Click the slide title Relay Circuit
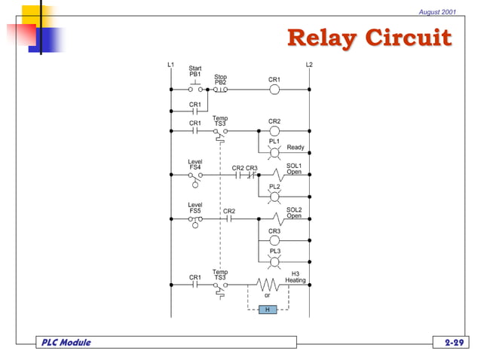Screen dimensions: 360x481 [369, 38]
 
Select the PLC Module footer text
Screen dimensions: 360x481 [66, 343]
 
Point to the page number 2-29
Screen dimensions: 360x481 [454, 343]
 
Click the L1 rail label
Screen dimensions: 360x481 [170, 65]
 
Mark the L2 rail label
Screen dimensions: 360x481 [308, 65]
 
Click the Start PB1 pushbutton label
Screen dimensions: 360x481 [195, 72]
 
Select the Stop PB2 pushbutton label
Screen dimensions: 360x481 [220, 79]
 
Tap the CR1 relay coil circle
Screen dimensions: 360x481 [274, 89]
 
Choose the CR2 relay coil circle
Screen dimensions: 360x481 [274, 130]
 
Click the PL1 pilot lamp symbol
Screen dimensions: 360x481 [274, 151]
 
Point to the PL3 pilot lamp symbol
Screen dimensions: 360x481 [274, 261]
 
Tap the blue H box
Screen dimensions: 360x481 [268, 310]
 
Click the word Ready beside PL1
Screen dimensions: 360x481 [296, 148]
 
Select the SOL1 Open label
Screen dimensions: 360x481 [294, 168]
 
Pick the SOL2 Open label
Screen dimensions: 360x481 [294, 212]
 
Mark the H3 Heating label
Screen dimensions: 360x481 [295, 276]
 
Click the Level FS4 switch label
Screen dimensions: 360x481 [195, 165]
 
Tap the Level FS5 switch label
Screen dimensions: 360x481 [195, 208]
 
